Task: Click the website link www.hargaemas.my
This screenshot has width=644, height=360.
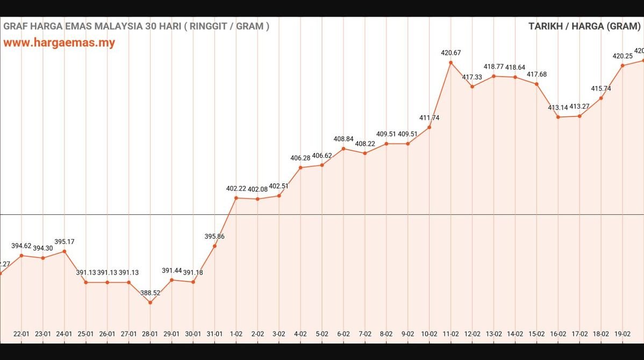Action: point(59,43)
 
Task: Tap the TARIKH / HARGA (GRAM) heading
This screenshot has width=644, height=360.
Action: point(584,26)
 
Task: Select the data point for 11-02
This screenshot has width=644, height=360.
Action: point(450,62)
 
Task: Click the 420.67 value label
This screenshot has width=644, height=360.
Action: point(450,53)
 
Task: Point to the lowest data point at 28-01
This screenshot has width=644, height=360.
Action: point(150,303)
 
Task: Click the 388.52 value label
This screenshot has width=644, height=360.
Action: point(150,293)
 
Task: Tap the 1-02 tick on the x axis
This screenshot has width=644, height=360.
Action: point(236,334)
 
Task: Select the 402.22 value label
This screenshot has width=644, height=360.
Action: point(236,189)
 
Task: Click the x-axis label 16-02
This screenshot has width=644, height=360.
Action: point(558,334)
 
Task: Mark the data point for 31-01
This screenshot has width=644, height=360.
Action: point(214,246)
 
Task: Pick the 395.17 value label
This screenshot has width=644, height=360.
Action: point(65,242)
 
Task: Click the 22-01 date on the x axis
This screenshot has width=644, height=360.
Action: point(22,334)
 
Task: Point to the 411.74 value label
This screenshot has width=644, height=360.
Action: point(429,118)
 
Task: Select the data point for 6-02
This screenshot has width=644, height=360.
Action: point(343,148)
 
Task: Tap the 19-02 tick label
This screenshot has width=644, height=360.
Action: point(622,334)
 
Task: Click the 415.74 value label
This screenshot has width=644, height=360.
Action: point(601,89)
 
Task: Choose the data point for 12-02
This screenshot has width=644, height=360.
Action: point(472,87)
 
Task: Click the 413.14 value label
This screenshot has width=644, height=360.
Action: point(558,107)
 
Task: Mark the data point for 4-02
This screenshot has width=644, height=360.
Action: point(300,168)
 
